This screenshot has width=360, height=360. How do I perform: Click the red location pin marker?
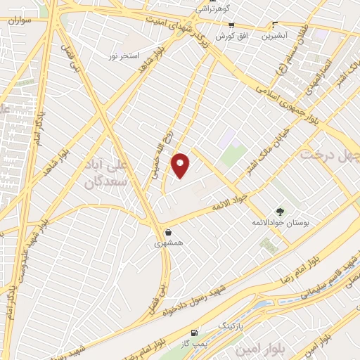pyautogui.click(x=181, y=165)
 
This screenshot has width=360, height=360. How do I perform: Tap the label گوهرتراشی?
pyautogui.click(x=210, y=9)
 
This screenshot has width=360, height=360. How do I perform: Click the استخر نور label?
pyautogui.click(x=124, y=55)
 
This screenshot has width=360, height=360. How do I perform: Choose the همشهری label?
pyautogui.click(x=169, y=243)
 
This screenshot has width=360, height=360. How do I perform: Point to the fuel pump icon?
pyautogui.click(x=194, y=332)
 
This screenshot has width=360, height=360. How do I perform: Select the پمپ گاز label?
pyautogui.click(x=192, y=342)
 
